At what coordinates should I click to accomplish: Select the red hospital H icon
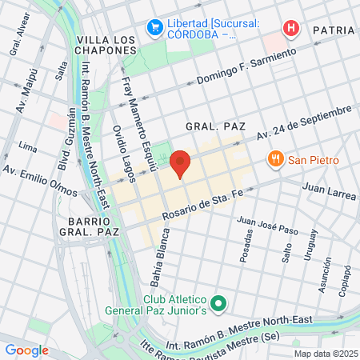click(x=291, y=28)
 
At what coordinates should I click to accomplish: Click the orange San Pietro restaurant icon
click(x=276, y=158)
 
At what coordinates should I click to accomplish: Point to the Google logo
click(x=26, y=350)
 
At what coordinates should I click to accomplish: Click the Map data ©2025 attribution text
click(x=325, y=353)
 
